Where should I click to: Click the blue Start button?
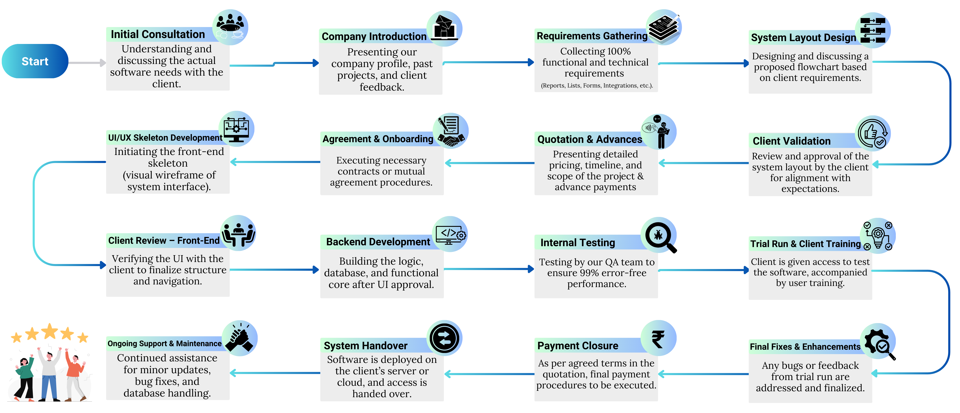point(35,61)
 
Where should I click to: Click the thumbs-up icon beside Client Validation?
point(873,133)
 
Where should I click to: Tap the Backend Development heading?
point(378,242)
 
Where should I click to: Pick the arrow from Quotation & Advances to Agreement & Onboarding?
point(489,163)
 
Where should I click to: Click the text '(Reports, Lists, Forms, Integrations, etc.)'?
point(597,85)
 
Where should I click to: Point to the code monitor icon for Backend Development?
point(450,234)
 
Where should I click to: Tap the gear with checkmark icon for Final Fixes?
point(878,341)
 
